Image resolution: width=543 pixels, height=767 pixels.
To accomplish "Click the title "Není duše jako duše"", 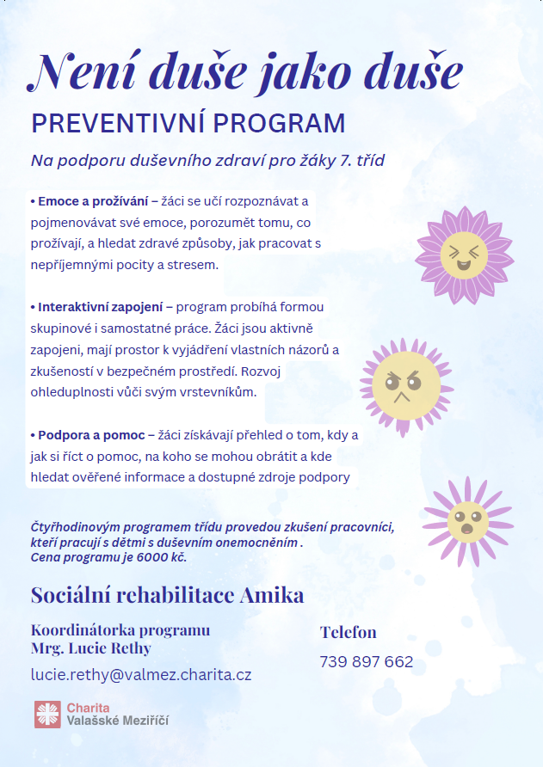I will pyautogui.click(x=246, y=71).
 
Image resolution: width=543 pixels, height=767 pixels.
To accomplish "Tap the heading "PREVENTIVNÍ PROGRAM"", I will pyautogui.click(x=188, y=124).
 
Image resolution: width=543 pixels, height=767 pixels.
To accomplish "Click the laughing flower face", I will pyautogui.click(x=464, y=255).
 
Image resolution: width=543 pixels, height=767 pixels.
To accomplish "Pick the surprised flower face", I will pyautogui.click(x=467, y=520).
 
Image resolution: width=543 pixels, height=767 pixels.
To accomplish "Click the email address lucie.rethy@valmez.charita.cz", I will pyautogui.click(x=141, y=674).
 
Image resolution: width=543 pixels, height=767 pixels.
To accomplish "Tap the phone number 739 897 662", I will pyautogui.click(x=366, y=662).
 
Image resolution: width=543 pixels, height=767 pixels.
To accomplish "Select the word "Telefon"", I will pyautogui.click(x=349, y=632).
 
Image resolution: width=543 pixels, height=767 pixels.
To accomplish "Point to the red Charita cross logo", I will pyautogui.click(x=47, y=714).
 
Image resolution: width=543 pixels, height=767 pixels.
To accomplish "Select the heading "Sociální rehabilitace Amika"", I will pyautogui.click(x=167, y=595).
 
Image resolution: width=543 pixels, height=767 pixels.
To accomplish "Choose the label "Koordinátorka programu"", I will pyautogui.click(x=120, y=629).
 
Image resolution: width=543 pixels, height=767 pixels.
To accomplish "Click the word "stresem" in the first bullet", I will pyautogui.click(x=195, y=265).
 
